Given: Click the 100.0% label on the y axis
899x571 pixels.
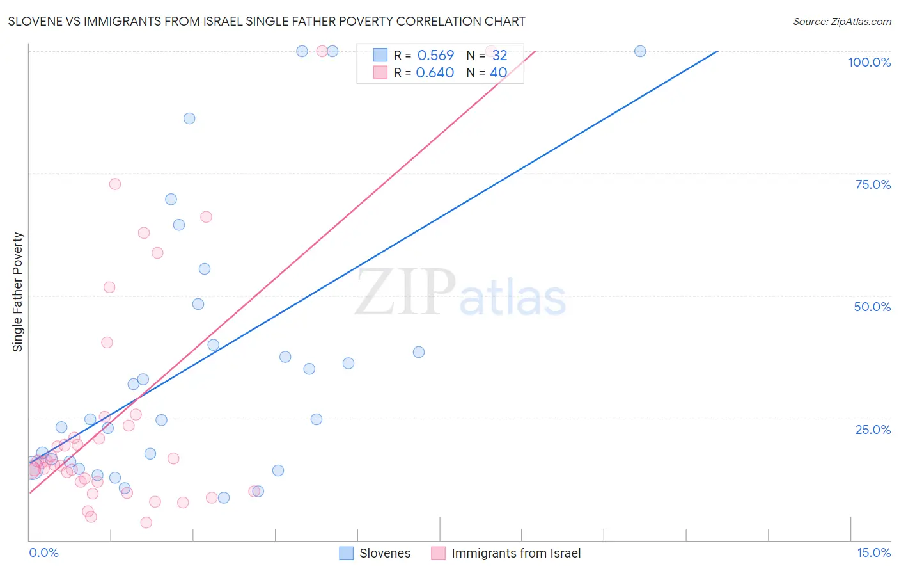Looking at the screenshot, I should [x=869, y=62].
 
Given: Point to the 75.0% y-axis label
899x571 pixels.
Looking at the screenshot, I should [x=873, y=184].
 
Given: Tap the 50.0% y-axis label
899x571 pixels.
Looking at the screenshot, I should [x=872, y=307].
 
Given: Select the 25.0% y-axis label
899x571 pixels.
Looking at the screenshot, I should [x=873, y=430].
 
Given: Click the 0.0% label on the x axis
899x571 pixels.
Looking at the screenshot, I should [x=43, y=552].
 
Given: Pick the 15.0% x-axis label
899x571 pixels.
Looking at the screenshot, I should [x=873, y=552].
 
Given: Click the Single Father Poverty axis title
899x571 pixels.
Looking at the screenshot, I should [x=18, y=292].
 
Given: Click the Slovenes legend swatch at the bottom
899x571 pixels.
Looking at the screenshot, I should [x=347, y=553].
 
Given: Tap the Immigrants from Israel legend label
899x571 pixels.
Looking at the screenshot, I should [x=516, y=553].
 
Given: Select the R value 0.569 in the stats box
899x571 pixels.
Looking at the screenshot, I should [x=435, y=56].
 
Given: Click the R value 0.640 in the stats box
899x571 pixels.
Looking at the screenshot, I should [x=435, y=73].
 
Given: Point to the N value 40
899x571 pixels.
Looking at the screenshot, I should [x=498, y=73].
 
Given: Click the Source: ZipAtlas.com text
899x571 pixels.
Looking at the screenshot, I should [x=841, y=21].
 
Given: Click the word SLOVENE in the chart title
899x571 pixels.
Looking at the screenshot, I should [x=36, y=21].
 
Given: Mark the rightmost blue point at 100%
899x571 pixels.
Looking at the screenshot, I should [x=640, y=51].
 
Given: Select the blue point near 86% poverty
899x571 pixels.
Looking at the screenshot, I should [x=189, y=118].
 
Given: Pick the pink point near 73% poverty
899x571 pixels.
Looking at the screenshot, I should [x=115, y=184].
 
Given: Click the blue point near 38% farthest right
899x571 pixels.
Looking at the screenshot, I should [x=419, y=352].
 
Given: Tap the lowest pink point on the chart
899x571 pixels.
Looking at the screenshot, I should [x=146, y=522].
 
